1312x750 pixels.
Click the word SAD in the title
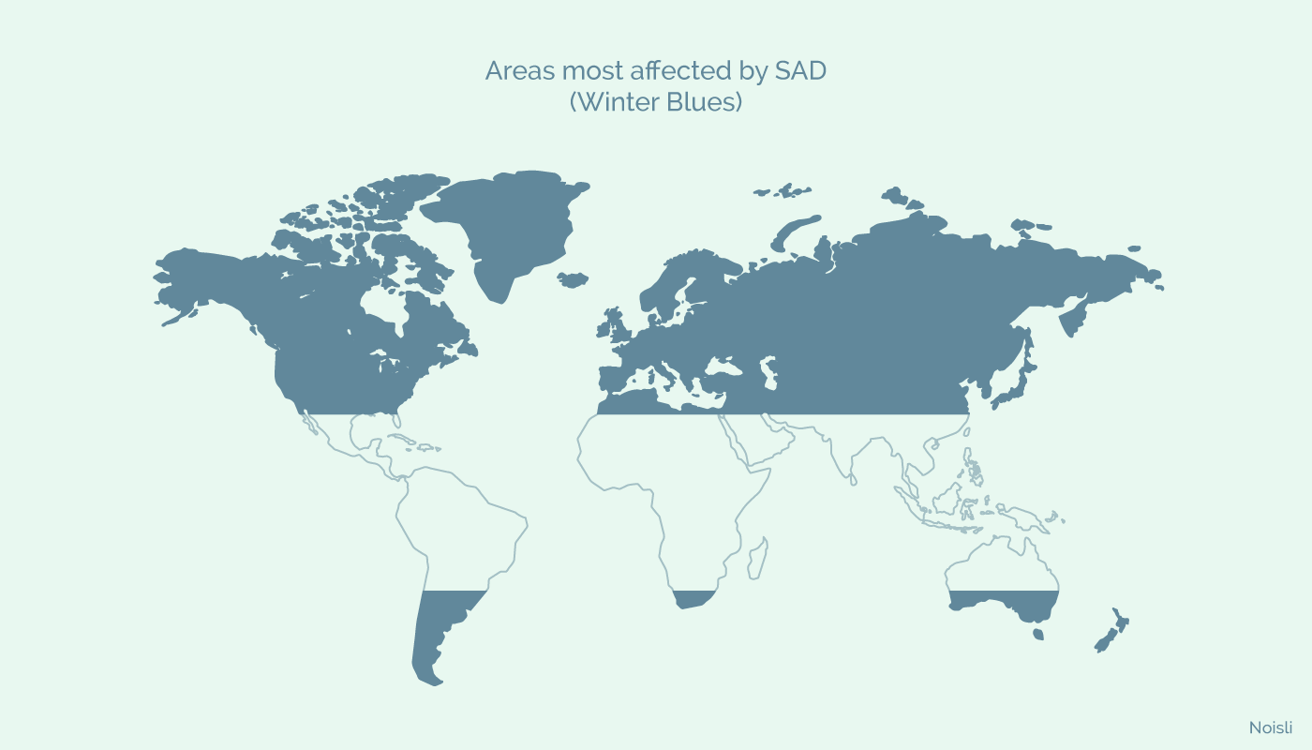800,71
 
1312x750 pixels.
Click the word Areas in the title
520,71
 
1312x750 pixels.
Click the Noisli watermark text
1271,727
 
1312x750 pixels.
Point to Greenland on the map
510,229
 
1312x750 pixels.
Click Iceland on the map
573,279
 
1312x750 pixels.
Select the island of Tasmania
1038,634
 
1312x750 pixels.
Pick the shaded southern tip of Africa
694,599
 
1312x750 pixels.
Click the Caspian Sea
769,372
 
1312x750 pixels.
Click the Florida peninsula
395,419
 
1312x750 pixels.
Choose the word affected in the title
681,71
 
